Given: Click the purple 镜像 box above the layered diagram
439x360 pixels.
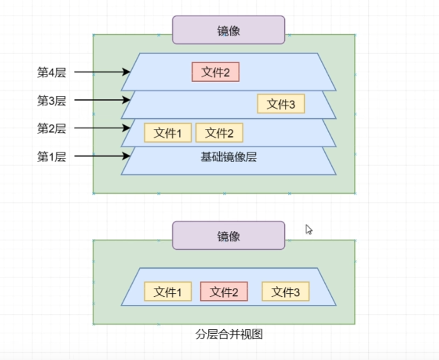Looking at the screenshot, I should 229,30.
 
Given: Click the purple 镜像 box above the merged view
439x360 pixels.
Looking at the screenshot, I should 229,236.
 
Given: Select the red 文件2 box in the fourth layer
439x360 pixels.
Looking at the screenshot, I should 215,73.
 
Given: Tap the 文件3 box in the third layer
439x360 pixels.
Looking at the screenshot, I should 281,104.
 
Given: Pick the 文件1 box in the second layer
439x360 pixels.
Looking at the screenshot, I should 167,133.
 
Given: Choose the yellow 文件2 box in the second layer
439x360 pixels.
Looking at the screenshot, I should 219,133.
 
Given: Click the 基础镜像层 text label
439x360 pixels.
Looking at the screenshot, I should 229,157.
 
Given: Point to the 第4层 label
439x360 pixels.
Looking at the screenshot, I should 51,72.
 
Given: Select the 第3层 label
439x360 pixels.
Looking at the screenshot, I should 51,100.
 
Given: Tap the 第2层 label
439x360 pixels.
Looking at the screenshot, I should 51,128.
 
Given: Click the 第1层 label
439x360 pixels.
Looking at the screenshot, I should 51,157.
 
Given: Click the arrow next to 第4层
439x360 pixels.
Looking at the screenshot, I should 103,72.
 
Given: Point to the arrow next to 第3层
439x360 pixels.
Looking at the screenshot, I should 103,100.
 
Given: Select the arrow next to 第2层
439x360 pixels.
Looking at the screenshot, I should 103,128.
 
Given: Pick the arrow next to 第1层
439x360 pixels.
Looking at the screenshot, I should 103,157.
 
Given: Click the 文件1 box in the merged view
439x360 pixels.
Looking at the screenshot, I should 167,292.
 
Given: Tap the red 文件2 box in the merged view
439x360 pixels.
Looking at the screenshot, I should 224,292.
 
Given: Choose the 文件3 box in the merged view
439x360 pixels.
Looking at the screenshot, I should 285,292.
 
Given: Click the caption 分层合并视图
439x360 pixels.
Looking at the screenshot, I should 229,334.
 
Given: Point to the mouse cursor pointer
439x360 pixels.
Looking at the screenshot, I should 308,229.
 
